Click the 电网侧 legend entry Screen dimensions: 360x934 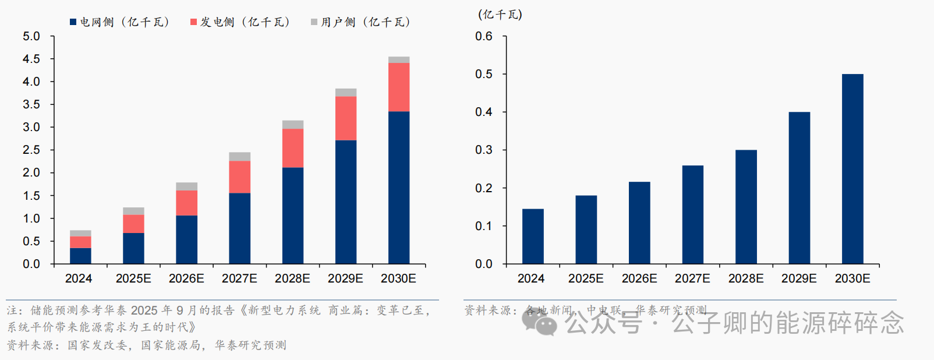pyautogui.click(x=119, y=22)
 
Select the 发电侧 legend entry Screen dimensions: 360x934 pyautogui.click(x=240, y=22)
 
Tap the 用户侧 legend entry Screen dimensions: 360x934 pyautogui.click(x=360, y=22)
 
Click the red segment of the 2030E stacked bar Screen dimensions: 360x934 pyautogui.click(x=399, y=87)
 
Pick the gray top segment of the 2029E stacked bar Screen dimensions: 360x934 pyautogui.click(x=346, y=93)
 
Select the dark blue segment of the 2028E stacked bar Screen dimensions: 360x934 pyautogui.click(x=293, y=216)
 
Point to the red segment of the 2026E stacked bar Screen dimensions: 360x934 pyautogui.click(x=186, y=203)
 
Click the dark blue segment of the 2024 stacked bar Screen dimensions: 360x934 pyautogui.click(x=80, y=256)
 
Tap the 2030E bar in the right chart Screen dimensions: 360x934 pyautogui.click(x=852, y=169)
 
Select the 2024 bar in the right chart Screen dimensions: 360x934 pyautogui.click(x=533, y=236)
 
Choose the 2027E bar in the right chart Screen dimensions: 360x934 pyautogui.click(x=693, y=214)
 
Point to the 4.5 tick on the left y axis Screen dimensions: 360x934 pyautogui.click(x=31, y=59)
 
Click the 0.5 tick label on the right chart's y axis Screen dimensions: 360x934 pyautogui.click(x=483, y=74)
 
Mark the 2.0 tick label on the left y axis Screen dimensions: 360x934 pyautogui.click(x=31, y=172)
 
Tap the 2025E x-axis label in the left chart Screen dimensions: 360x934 pyautogui.click(x=133, y=278)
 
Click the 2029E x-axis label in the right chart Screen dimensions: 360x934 pyautogui.click(x=799, y=278)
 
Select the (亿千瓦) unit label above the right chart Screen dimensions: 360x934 pyautogui.click(x=500, y=15)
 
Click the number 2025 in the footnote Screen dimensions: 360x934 pyautogui.click(x=144, y=310)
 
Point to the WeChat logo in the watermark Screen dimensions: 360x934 pyautogui.click(x=540, y=322)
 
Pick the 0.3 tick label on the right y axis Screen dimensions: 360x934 pyautogui.click(x=483, y=150)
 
